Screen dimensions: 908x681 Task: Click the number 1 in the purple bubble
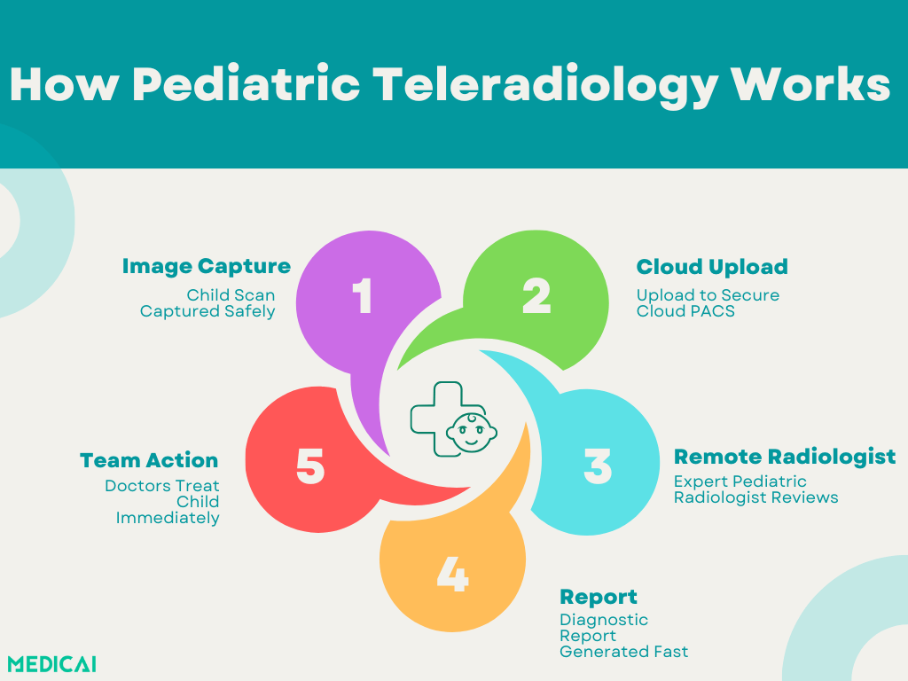coord(363,295)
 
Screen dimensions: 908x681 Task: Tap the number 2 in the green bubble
coord(536,295)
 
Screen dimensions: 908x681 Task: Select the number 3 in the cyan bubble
coord(598,466)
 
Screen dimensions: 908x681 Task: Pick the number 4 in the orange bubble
coord(452,574)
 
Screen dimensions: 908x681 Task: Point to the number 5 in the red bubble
coord(310,466)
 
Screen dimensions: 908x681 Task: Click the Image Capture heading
coord(206,266)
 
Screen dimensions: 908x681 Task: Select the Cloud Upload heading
coord(712,266)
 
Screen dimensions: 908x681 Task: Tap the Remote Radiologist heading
coord(785,457)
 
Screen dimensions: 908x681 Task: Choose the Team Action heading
coord(149,460)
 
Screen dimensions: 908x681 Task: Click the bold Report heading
coord(599,597)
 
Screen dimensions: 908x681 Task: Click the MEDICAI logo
coord(52,663)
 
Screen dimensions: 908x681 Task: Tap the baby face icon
coord(472,432)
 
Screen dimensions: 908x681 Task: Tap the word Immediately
coord(168,518)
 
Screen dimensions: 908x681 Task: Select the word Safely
coord(249,311)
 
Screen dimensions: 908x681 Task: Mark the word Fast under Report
coord(671,652)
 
